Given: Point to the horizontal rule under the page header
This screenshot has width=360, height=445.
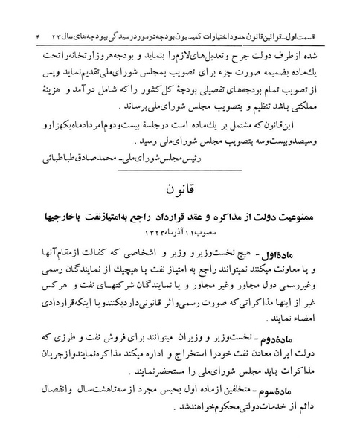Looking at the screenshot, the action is click(x=179, y=25).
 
